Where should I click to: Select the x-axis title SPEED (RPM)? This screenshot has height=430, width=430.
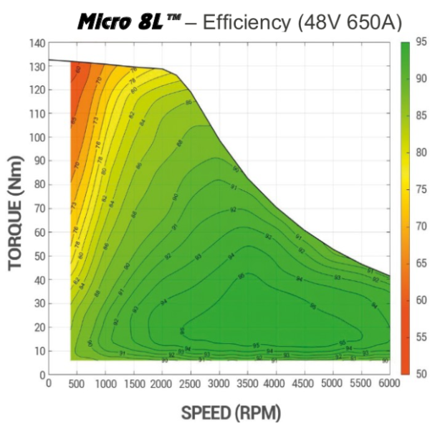220,414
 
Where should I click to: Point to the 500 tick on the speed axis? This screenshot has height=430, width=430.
77,384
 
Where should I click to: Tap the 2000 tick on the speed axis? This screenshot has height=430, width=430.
162,384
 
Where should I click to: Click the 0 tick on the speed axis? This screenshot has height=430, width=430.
49,384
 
